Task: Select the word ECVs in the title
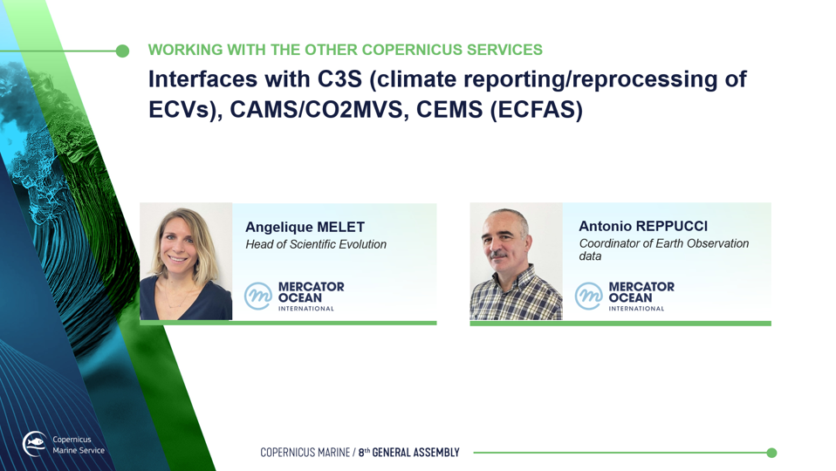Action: point(182,109)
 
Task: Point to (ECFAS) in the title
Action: point(537,110)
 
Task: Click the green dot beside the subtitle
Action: point(123,51)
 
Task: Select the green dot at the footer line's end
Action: point(771,453)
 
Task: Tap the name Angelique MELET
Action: point(305,227)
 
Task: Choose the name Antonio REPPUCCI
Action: point(643,226)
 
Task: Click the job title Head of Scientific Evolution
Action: point(316,244)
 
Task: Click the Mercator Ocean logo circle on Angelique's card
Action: point(258,297)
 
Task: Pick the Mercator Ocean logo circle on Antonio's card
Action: point(589,297)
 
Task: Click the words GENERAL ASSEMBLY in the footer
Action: point(416,453)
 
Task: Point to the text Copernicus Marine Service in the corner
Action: point(79,445)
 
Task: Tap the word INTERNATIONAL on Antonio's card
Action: point(636,309)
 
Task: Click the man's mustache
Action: point(498,254)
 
